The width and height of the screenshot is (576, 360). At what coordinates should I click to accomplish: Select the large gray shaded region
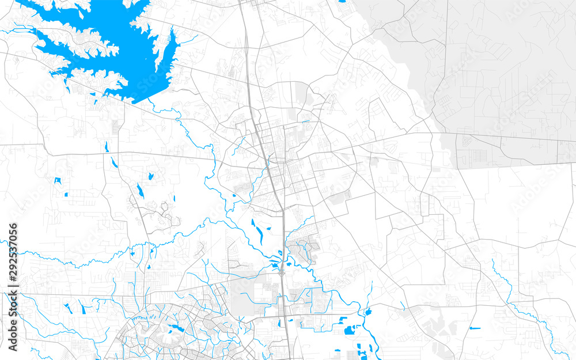click(x=501, y=75)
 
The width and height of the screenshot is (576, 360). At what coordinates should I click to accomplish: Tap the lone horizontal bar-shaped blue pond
click(x=475, y=328)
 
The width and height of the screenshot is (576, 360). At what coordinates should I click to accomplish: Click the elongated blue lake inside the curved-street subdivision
click(x=173, y=329)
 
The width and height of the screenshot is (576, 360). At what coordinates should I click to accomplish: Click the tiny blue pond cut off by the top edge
click(x=343, y=2)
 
